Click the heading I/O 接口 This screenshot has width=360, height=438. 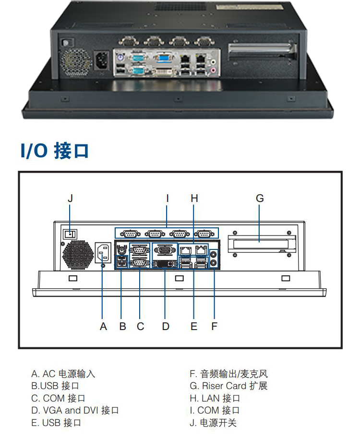pos(55,150)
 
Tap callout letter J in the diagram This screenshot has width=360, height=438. pos(70,198)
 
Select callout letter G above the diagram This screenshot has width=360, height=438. pos(260,198)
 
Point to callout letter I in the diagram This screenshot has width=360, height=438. pos(167,198)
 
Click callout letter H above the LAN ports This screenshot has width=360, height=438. pos(194,198)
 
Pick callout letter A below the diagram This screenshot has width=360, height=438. pos(103,327)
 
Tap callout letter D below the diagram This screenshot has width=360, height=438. pos(166,327)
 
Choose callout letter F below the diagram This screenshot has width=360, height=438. pos(214,327)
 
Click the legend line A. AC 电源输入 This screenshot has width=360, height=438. pos(63,374)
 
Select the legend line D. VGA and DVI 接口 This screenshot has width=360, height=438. pos(74,410)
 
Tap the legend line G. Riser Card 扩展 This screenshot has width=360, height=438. pos(228,386)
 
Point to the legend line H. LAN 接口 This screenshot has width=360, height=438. pos(215,398)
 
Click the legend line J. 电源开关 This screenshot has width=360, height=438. pos(213,423)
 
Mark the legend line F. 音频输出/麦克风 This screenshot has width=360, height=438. pos(228,374)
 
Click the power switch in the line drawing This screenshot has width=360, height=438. pos(71,235)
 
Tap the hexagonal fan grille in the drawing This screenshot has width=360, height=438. pos(76,256)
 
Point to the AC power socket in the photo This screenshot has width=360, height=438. pos(101,61)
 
